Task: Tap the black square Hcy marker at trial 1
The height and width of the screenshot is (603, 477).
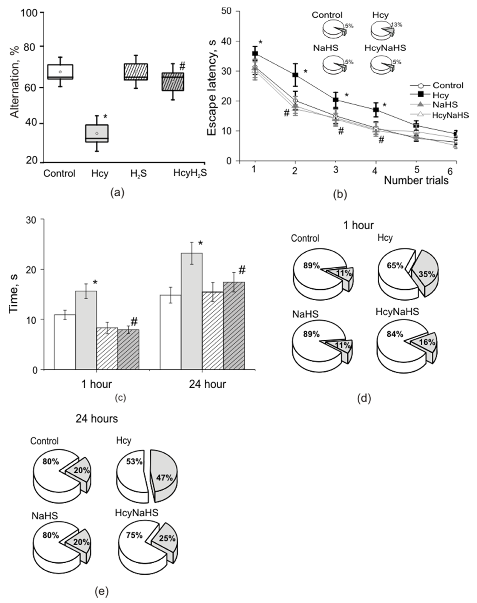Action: point(255,53)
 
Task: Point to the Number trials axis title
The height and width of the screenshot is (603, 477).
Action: point(416,181)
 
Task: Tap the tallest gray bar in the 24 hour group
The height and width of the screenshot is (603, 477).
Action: point(192,311)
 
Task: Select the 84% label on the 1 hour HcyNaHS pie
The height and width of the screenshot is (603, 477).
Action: point(395,334)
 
